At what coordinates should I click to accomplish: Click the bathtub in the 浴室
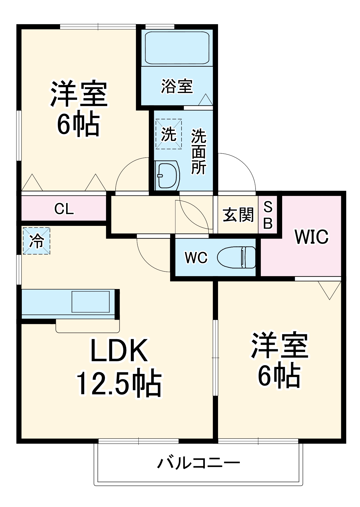(177, 48)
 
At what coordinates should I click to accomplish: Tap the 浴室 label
(177, 86)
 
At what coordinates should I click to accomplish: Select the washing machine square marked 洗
(169, 134)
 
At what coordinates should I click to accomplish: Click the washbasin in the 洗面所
(167, 175)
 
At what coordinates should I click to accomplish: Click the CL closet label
(64, 209)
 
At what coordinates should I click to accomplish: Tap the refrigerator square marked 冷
(37, 241)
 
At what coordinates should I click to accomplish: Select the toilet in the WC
(237, 257)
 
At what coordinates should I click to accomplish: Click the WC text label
(196, 258)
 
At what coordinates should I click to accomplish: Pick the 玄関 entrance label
(238, 215)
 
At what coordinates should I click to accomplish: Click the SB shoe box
(268, 215)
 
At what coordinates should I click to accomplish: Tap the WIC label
(312, 237)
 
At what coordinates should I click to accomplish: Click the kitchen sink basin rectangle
(91, 302)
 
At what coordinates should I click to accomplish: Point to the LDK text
(119, 351)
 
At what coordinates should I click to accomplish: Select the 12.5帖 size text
(119, 384)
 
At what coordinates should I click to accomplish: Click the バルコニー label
(199, 463)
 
